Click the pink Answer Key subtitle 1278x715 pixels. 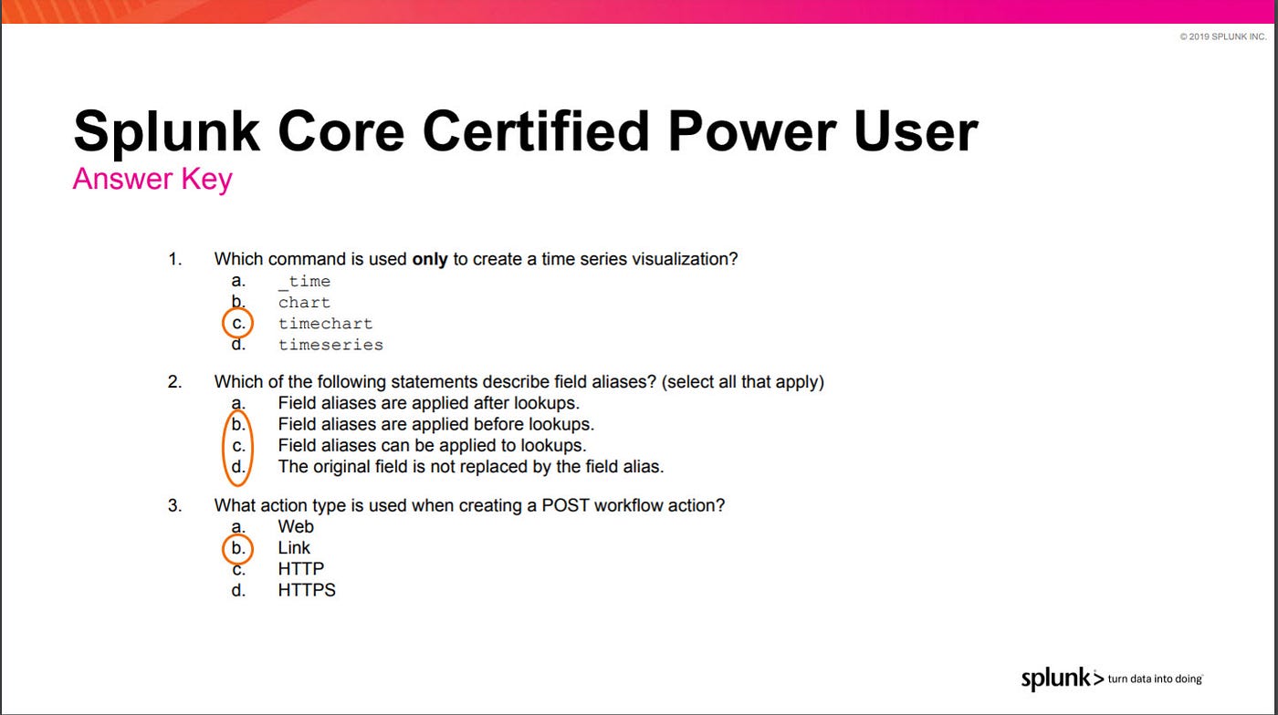click(152, 179)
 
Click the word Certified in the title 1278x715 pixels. click(536, 131)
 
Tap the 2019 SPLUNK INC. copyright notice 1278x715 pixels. click(1223, 36)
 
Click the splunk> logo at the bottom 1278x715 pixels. click(1063, 679)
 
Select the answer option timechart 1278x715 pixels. click(325, 323)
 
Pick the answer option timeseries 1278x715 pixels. click(330, 345)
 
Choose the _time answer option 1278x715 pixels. click(304, 281)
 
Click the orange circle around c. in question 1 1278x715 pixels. click(223, 323)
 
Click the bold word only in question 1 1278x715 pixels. click(430, 259)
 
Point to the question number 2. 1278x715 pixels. click(174, 381)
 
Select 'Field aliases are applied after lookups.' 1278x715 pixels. click(428, 403)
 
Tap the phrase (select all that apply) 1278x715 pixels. click(743, 381)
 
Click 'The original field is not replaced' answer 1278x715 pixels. click(471, 466)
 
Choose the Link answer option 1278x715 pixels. click(294, 547)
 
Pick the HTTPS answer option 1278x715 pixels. click(307, 589)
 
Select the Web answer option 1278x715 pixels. click(296, 526)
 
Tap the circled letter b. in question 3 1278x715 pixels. click(238, 548)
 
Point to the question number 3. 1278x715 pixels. click(174, 505)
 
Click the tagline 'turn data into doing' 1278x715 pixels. click(1156, 679)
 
